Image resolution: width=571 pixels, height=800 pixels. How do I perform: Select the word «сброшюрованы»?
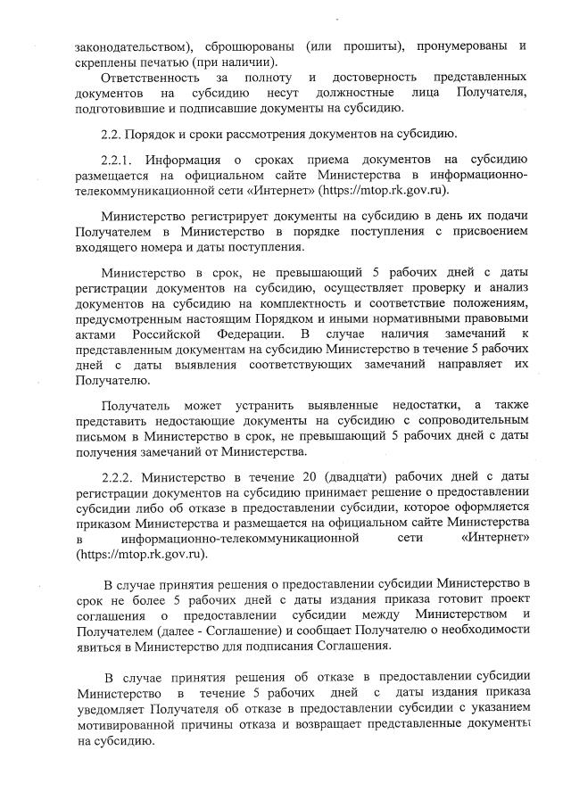(252, 45)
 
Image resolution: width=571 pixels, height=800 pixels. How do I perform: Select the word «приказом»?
(107, 521)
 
